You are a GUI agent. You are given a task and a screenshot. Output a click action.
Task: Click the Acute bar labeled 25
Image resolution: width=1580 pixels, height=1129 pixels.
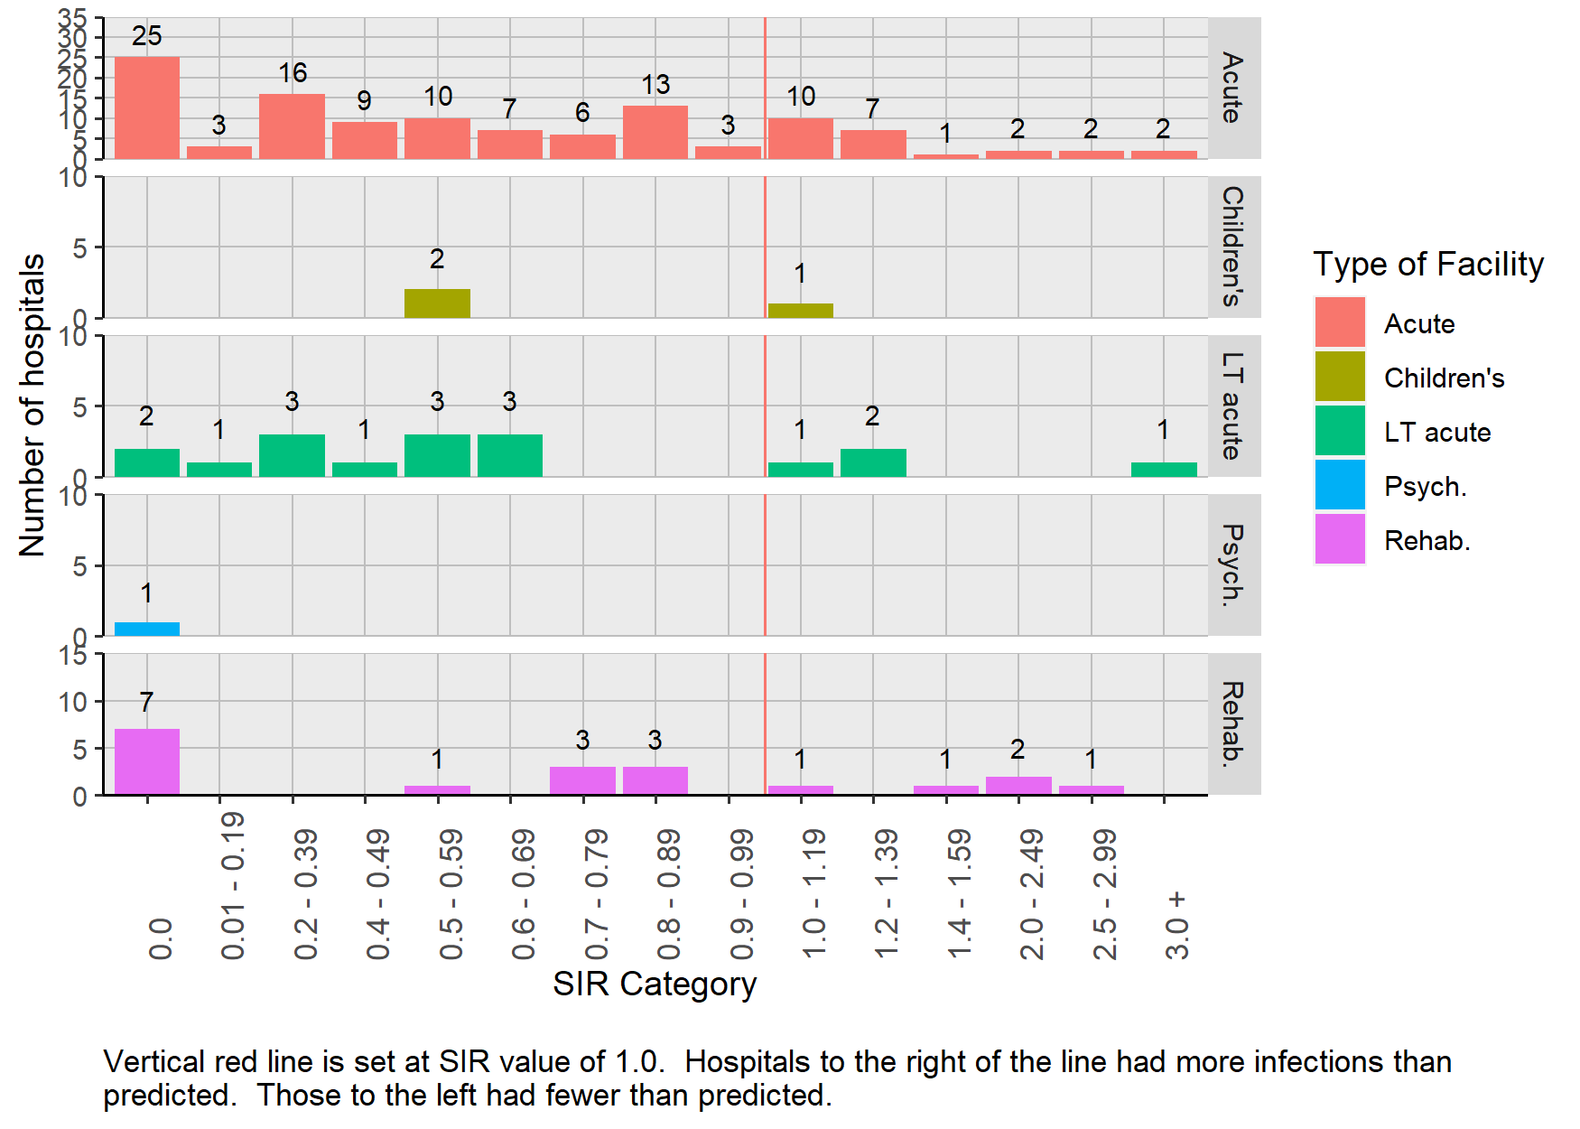click(x=147, y=107)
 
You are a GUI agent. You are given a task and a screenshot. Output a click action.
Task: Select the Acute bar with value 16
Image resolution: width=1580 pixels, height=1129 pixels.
click(x=292, y=126)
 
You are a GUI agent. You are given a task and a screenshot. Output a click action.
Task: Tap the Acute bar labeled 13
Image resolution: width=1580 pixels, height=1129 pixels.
click(x=655, y=132)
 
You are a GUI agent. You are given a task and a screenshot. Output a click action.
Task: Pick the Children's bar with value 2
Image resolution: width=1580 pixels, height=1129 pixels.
click(x=437, y=303)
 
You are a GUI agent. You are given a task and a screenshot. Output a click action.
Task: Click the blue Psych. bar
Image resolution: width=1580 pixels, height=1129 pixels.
click(x=147, y=629)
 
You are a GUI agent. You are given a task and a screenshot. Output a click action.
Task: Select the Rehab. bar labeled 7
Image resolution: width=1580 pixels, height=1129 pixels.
click(x=147, y=761)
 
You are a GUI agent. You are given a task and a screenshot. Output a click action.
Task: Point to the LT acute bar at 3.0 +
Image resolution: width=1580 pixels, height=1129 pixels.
click(x=1164, y=470)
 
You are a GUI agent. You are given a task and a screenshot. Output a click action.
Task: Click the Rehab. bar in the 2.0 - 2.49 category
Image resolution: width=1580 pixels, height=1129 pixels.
click(x=1018, y=786)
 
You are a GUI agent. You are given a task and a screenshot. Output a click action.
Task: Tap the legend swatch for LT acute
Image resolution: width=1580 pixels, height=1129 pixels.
click(x=1340, y=431)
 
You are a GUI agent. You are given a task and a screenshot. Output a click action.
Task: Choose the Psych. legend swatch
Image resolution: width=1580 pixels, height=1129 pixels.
click(x=1340, y=485)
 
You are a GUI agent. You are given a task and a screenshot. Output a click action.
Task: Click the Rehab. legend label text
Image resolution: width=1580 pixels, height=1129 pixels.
click(x=1427, y=540)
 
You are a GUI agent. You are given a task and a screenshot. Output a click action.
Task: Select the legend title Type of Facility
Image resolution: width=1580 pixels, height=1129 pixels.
click(x=1428, y=264)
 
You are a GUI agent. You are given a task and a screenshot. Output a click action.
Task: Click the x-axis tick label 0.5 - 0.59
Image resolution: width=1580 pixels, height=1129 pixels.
click(x=451, y=894)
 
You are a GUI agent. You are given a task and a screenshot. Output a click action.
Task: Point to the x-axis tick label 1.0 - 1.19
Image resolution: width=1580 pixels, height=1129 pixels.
click(x=813, y=894)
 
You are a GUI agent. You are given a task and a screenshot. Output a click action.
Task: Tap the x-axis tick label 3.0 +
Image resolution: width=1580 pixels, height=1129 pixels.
click(x=1176, y=926)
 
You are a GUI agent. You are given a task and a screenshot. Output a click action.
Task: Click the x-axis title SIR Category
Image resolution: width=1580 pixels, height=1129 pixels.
click(x=655, y=984)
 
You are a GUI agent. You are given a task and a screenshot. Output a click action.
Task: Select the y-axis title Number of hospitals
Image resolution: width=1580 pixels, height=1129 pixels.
click(x=33, y=405)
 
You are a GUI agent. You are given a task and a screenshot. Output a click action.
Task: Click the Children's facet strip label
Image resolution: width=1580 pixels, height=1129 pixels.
click(x=1233, y=247)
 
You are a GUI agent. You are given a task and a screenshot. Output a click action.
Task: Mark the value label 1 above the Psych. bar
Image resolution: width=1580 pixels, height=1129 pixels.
click(x=146, y=593)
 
